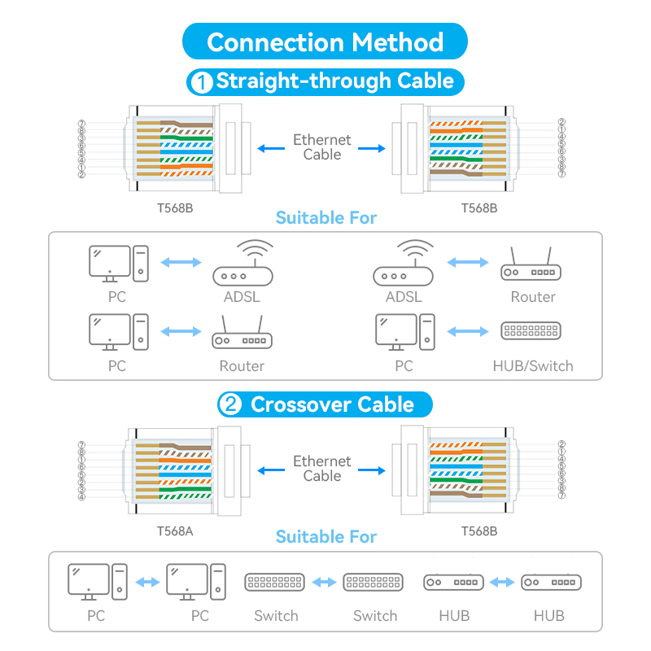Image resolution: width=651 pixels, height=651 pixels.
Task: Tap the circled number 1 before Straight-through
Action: [x=199, y=82]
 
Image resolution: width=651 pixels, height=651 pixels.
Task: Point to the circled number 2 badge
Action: [x=229, y=405]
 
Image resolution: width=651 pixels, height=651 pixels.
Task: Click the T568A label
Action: [x=174, y=531]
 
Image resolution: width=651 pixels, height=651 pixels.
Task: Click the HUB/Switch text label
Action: [x=532, y=366]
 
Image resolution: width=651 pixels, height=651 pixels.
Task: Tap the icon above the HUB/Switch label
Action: [x=532, y=331]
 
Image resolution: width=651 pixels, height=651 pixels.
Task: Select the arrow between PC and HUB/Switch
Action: [x=468, y=331]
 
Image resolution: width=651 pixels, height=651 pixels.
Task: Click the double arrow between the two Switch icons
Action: [x=324, y=582]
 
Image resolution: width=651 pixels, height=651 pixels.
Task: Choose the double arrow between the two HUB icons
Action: [x=502, y=582]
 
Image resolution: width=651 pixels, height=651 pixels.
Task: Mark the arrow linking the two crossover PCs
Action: [x=147, y=582]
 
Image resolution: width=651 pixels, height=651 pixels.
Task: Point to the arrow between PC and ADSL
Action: [x=180, y=263]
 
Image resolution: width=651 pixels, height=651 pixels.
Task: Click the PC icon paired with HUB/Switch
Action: [x=404, y=332]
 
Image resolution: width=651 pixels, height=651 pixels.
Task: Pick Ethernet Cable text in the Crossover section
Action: [x=322, y=468]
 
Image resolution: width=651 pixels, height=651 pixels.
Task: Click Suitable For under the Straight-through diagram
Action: [x=325, y=218]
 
